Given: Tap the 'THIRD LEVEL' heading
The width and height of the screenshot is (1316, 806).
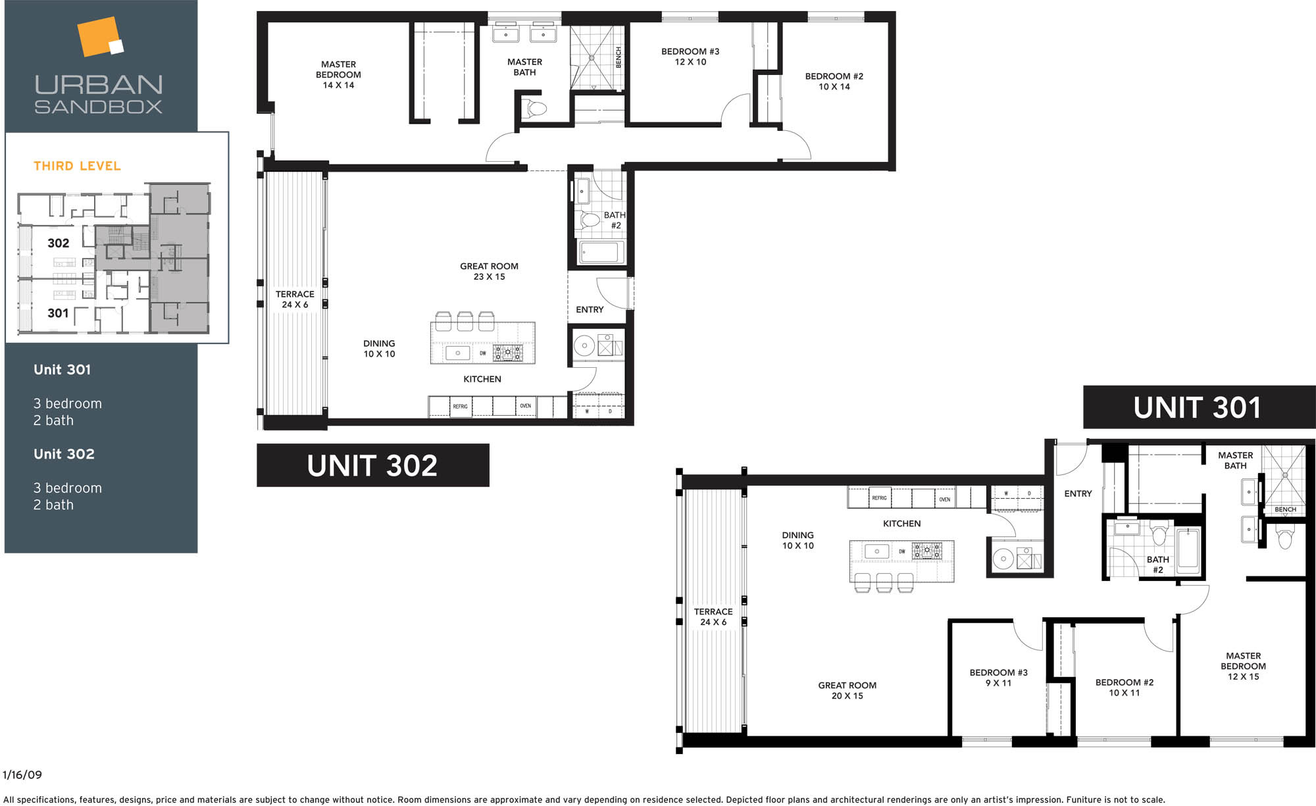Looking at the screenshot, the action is (x=78, y=166).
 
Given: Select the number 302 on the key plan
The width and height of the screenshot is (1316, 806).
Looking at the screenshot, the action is (x=58, y=243).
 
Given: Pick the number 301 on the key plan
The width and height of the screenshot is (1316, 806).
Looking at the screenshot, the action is (x=58, y=313).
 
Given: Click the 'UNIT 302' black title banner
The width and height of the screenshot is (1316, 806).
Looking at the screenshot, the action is (x=372, y=465).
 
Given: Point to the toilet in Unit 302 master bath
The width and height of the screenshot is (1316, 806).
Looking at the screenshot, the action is (x=535, y=109).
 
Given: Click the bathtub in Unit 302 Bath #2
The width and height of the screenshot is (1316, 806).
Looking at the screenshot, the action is (x=600, y=252).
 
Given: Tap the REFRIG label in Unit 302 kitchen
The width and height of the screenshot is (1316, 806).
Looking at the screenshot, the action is (x=460, y=407).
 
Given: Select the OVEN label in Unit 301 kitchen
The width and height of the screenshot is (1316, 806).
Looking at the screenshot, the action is (x=945, y=499).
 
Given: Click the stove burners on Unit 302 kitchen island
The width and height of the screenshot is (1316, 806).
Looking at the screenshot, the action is (x=508, y=353).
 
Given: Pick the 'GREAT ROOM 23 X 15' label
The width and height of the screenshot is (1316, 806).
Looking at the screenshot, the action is (x=489, y=271).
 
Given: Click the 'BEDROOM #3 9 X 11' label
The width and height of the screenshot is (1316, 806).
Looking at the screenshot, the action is (x=998, y=678).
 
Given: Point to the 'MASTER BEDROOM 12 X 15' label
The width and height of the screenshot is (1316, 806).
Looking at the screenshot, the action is (x=1243, y=666).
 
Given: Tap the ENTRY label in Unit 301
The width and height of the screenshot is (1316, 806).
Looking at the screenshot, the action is (x=1078, y=493).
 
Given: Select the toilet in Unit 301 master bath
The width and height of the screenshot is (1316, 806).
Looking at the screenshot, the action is (x=1284, y=536).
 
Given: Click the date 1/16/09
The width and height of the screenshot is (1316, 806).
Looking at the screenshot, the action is (x=22, y=774).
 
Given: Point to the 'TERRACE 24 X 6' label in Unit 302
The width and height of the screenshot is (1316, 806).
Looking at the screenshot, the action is (x=295, y=299).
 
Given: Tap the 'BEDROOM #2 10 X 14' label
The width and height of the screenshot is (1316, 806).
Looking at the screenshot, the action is (x=834, y=82).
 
